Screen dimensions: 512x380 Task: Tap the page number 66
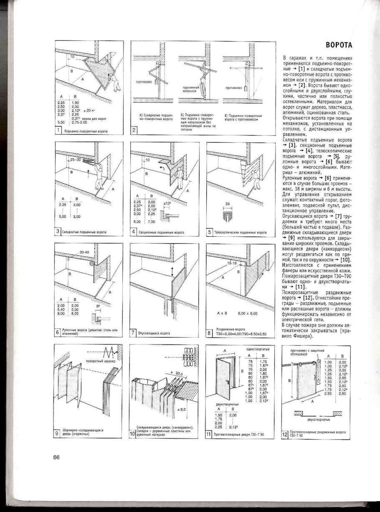click(x=56, y=457)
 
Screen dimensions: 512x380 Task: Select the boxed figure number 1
click(x=59, y=131)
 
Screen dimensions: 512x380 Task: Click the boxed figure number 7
click(x=134, y=333)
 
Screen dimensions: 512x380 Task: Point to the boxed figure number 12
click(x=285, y=435)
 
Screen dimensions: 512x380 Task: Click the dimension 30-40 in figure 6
click(x=85, y=252)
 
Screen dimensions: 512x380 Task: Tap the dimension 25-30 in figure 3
click(x=76, y=160)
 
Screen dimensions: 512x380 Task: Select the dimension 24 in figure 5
click(x=228, y=204)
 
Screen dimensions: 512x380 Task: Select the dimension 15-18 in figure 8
click(x=232, y=264)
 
